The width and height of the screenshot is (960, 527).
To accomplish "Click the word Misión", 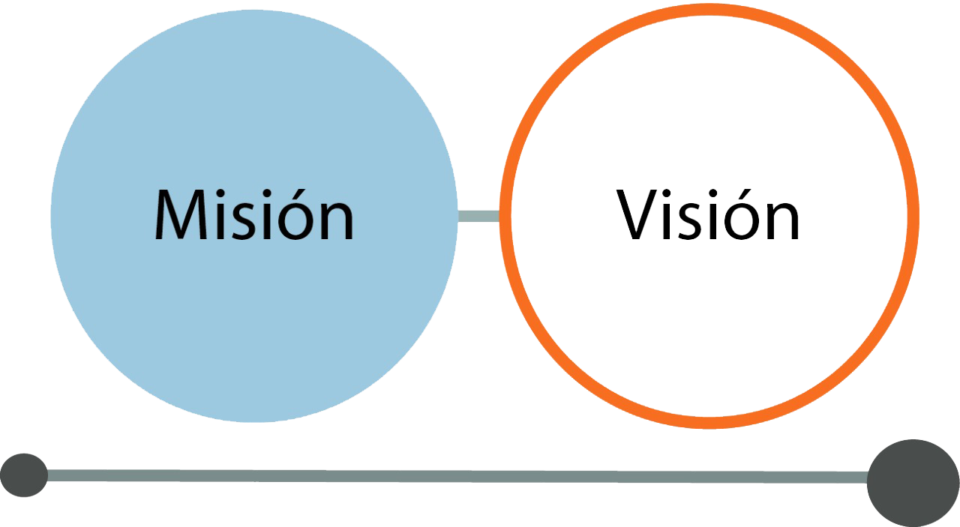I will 254,215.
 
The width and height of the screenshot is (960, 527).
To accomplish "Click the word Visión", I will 709,215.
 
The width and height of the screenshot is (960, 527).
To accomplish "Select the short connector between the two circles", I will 478,216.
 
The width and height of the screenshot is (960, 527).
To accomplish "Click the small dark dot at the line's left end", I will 23,475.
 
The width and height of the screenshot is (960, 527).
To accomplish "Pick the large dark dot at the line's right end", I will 913,483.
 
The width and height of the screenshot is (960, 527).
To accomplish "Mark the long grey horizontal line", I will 450,476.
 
